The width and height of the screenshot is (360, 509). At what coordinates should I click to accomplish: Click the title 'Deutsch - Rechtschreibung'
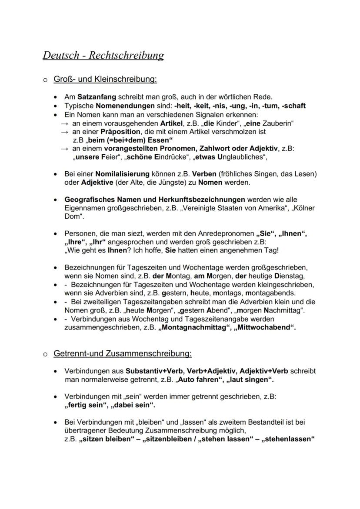tap(103, 56)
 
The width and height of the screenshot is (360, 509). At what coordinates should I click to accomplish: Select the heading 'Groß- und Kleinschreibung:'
tap(105, 80)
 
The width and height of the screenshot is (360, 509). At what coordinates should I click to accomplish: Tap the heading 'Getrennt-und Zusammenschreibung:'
tap(122, 353)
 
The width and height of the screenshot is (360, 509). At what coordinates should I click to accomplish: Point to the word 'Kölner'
tap(304, 208)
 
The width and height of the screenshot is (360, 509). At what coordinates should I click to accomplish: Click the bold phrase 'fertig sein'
tap(86, 405)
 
